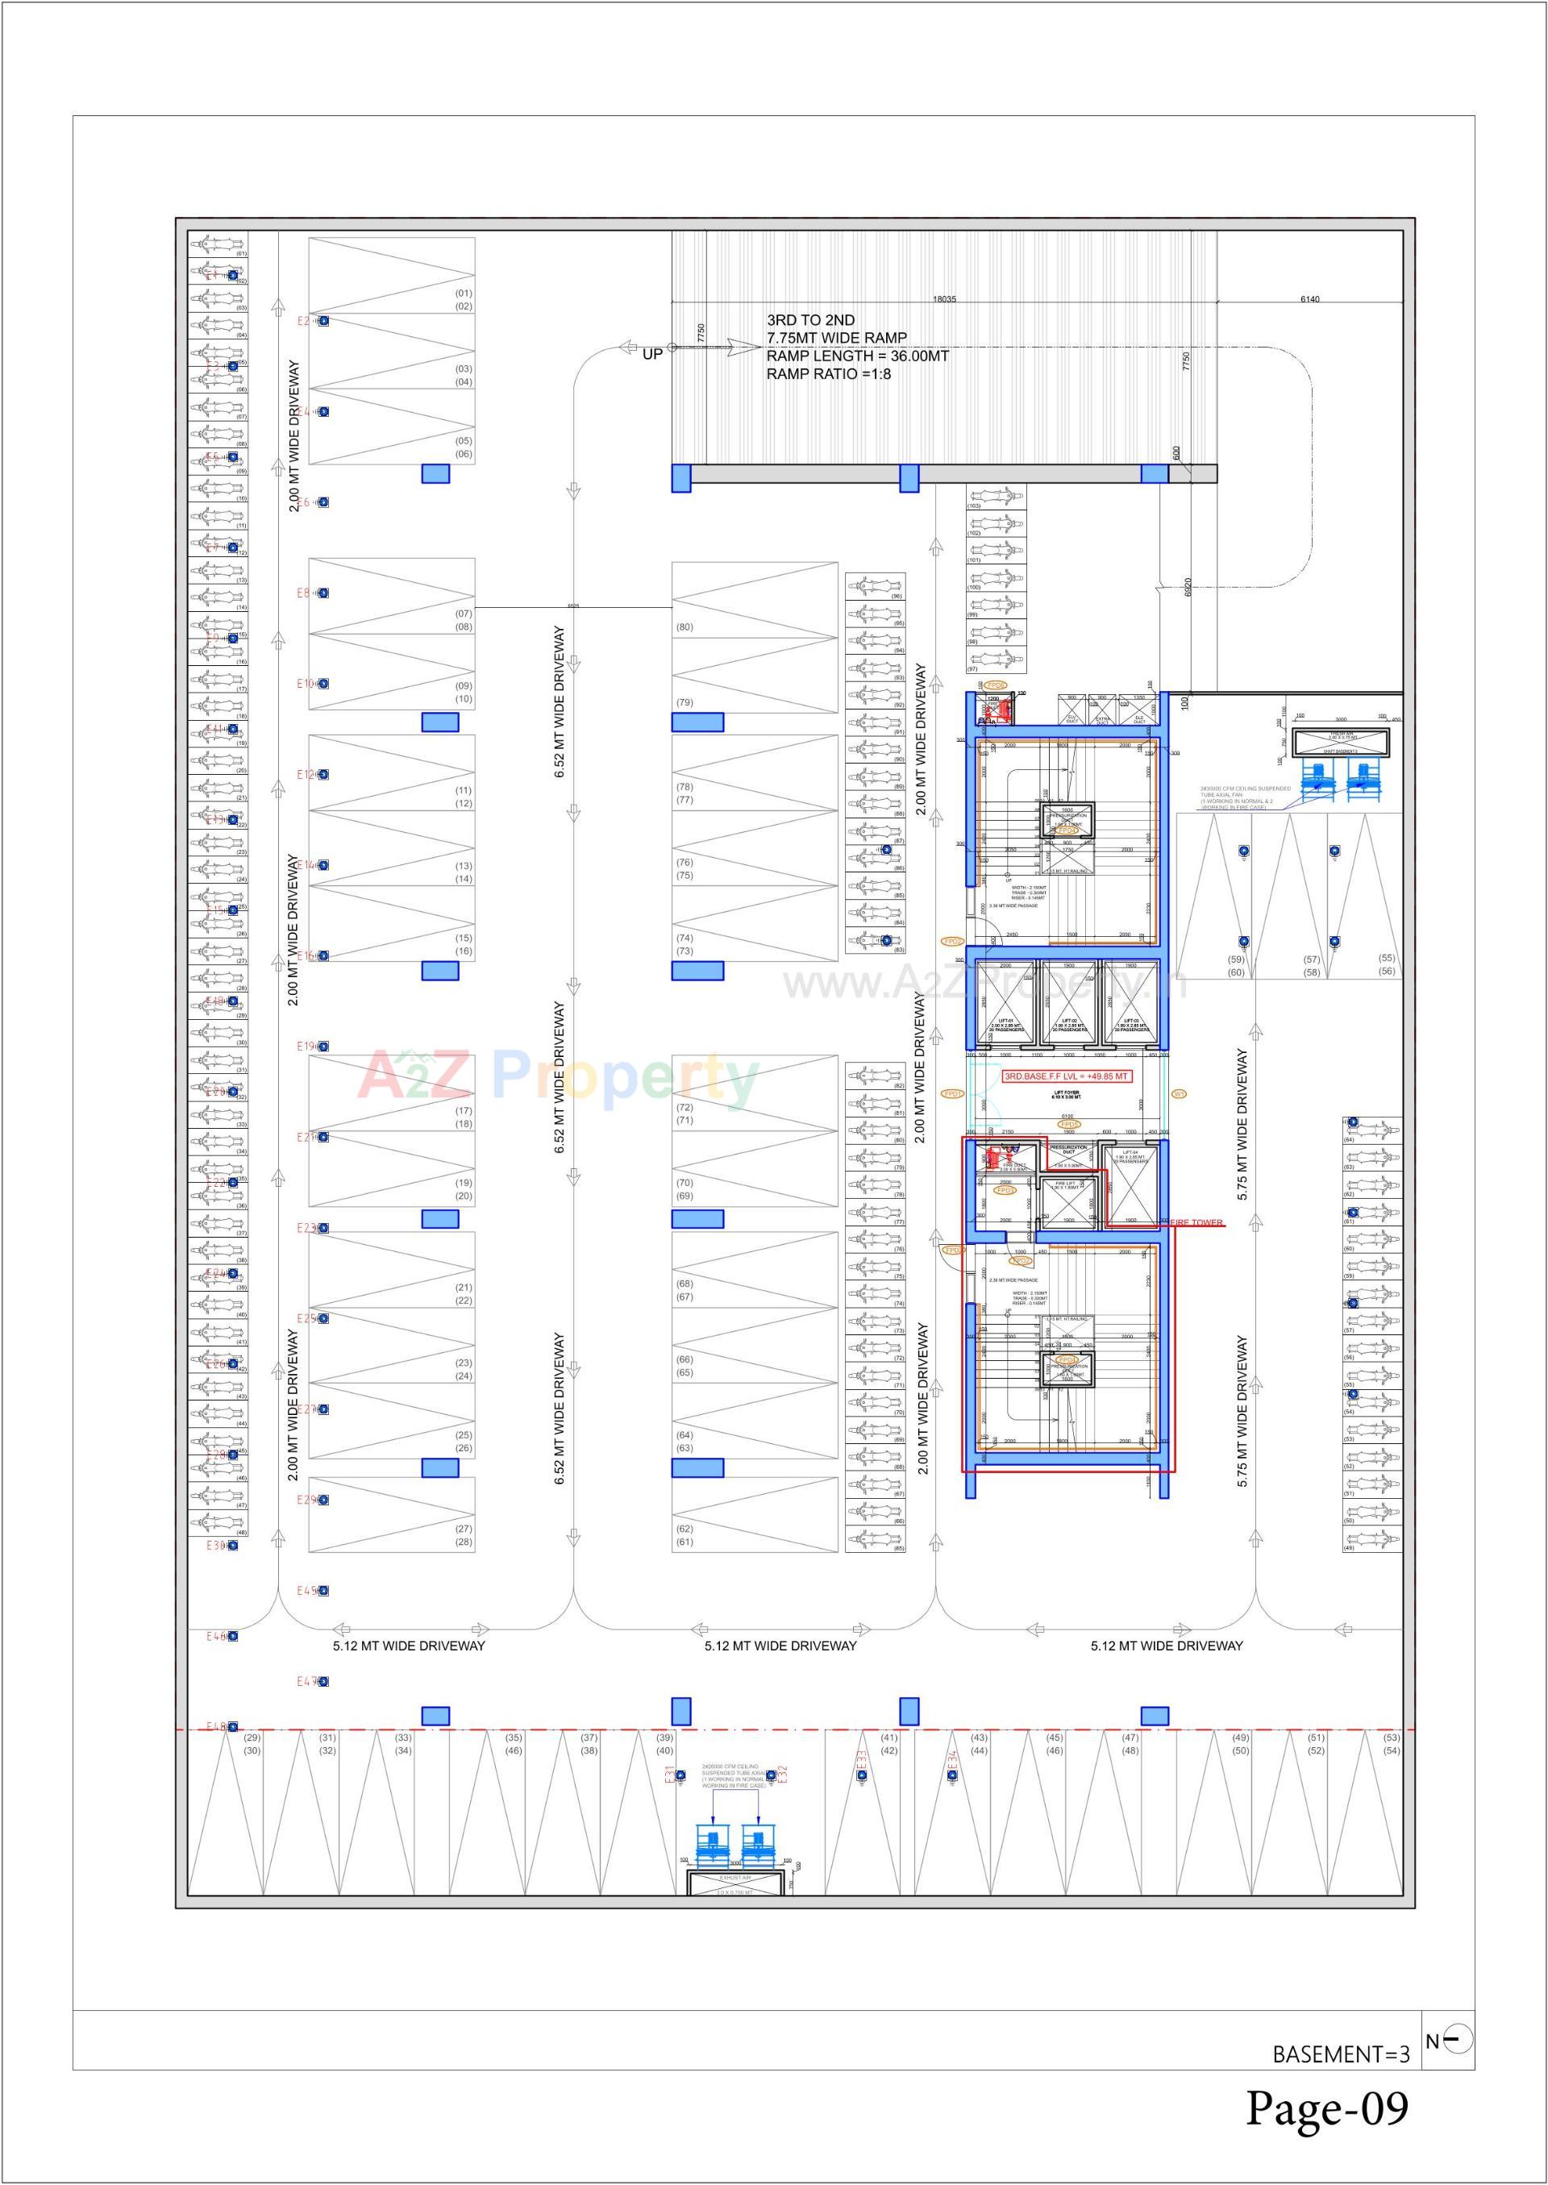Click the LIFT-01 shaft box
(x=1005, y=1003)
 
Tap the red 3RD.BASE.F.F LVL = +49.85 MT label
(x=1067, y=1076)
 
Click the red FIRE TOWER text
(x=1196, y=1222)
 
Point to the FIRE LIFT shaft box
(x=1067, y=1202)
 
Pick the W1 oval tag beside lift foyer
(x=1179, y=1093)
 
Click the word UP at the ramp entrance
(x=652, y=354)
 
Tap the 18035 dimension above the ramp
(x=943, y=299)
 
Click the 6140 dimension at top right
(x=1309, y=299)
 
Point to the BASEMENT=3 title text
(x=1340, y=2054)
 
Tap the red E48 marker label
(x=215, y=1726)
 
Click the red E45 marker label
(x=306, y=1591)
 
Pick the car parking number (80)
(x=685, y=627)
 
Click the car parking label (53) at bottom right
(x=1391, y=1738)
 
